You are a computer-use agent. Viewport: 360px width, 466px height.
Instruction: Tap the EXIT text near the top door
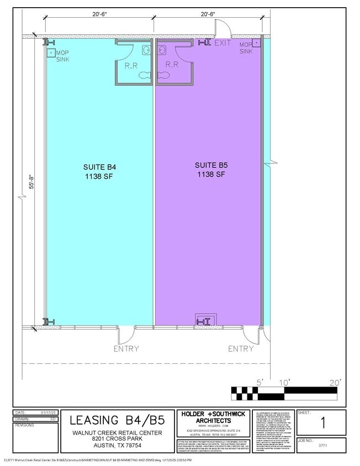[x=223, y=43]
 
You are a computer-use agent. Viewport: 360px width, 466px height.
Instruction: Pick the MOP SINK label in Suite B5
[x=246, y=47]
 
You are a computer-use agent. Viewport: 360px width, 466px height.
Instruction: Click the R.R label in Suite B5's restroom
[x=172, y=65]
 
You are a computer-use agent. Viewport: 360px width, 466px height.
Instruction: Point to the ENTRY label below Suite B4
[x=126, y=348]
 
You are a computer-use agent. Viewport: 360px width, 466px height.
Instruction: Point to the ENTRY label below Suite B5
[x=241, y=348]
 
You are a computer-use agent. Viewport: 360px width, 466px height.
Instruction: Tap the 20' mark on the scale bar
[x=335, y=382]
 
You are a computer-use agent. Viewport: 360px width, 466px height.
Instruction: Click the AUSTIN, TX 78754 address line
[x=118, y=445]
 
